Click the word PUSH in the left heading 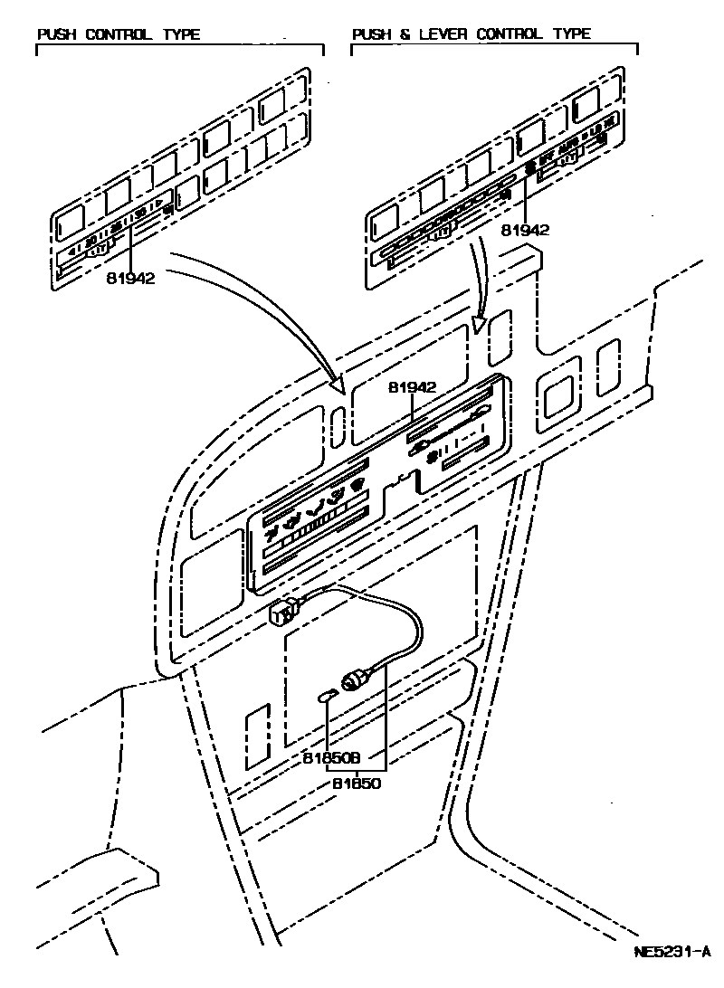click(x=57, y=35)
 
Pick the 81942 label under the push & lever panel click(x=525, y=230)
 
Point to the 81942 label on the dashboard click(x=413, y=387)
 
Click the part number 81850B click(x=331, y=757)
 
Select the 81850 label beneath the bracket click(x=356, y=784)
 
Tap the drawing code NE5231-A click(x=672, y=952)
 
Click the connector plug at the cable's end click(x=281, y=614)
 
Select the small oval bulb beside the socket click(x=329, y=696)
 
